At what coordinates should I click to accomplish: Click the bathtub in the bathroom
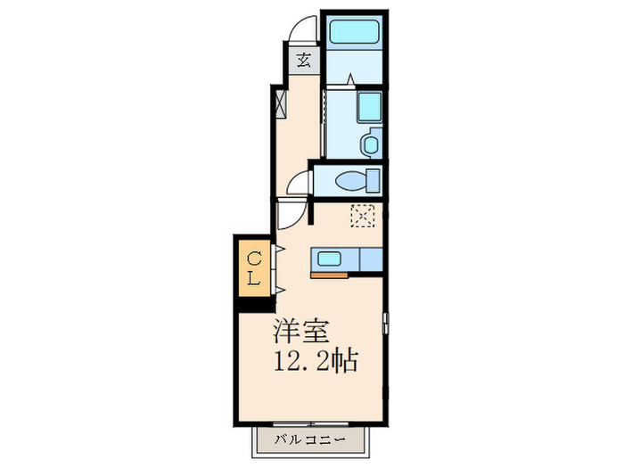tap(354, 34)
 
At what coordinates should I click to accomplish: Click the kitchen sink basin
tap(329, 259)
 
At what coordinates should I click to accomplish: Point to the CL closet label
tap(254, 268)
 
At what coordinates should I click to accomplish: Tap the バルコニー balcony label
tap(310, 439)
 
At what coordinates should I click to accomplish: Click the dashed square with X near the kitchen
tap(362, 216)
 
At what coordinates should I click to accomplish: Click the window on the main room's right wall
tap(386, 323)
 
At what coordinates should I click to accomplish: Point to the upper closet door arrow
tap(278, 250)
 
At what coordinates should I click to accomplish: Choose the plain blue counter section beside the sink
tap(370, 259)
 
